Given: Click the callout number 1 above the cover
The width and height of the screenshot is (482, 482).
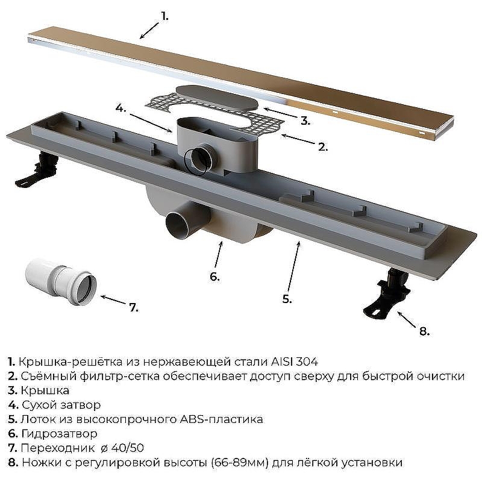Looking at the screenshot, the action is [165, 17].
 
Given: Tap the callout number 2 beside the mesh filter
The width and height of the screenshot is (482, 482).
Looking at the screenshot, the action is [323, 147].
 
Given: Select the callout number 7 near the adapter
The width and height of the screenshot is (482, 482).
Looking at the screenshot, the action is [134, 307].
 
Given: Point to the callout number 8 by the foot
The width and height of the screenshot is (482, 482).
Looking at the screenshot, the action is [424, 331].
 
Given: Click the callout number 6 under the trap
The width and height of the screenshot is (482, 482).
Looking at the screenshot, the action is [215, 277].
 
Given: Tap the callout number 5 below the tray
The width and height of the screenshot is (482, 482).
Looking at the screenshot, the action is [287, 299].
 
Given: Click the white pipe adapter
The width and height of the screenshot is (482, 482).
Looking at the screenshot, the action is [61, 281].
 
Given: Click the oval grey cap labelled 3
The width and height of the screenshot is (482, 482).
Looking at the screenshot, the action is [217, 98].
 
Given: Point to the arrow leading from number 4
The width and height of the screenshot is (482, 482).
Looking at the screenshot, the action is [151, 123].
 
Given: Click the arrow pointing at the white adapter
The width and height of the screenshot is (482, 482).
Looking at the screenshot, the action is [113, 299].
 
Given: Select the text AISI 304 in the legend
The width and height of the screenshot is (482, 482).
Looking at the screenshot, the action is [294, 362].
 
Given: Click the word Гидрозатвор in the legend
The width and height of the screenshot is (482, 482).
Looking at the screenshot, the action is [59, 434].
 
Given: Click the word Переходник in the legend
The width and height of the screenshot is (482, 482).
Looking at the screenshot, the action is [58, 448].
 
